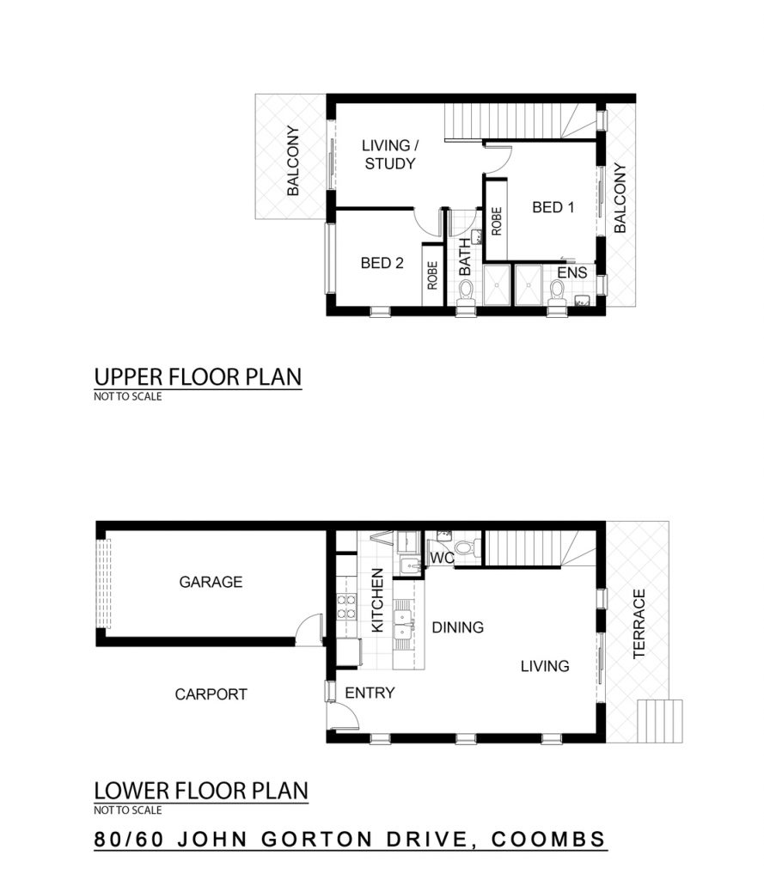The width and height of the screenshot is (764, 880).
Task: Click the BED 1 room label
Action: tap(553, 208)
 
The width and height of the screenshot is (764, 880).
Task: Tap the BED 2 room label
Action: tap(382, 263)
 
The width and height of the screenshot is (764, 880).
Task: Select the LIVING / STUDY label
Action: tap(389, 155)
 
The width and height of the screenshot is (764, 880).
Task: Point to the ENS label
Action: tap(572, 272)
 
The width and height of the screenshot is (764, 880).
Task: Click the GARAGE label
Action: tap(211, 582)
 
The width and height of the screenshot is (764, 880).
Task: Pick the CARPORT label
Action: tap(211, 694)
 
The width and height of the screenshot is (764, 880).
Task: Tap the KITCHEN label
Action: tap(378, 600)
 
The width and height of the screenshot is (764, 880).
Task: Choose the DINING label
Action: tap(457, 627)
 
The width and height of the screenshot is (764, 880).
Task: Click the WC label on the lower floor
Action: tap(442, 559)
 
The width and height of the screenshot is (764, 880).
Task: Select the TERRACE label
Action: tap(639, 624)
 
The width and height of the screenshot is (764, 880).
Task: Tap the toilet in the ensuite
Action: tap(556, 293)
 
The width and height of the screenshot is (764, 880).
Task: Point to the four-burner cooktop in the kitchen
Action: tap(346, 607)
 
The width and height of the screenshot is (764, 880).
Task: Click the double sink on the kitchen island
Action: tap(404, 624)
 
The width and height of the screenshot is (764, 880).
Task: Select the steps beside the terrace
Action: tap(660, 721)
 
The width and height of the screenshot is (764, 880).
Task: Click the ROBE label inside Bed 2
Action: tap(432, 275)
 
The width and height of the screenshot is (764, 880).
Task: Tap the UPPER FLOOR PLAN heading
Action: tap(198, 376)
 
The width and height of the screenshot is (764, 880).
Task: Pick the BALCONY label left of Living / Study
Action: tap(293, 161)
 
